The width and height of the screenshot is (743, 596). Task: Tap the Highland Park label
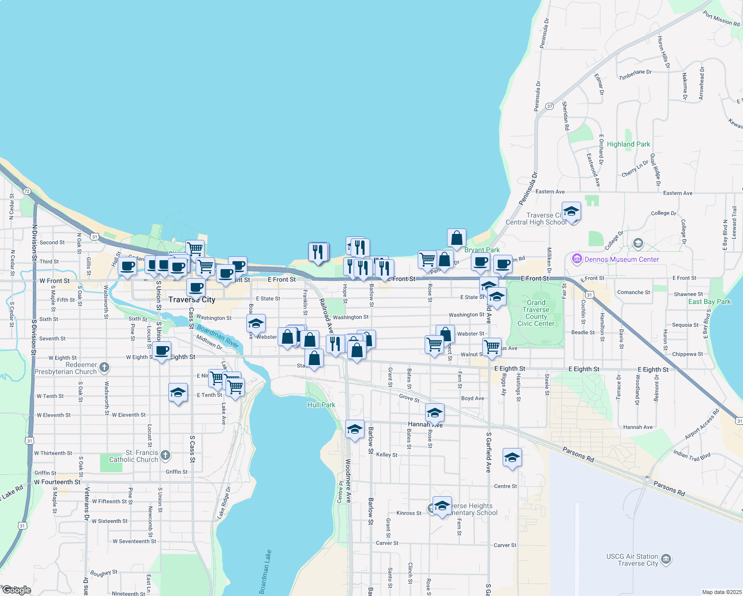point(628,144)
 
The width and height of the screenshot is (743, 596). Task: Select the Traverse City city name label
point(192,299)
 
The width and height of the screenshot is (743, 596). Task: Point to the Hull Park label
point(321,405)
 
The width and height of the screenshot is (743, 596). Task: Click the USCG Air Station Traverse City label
point(632,560)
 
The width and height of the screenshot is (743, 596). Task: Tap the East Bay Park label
point(709,301)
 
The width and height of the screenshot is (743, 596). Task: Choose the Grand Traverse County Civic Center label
point(536,313)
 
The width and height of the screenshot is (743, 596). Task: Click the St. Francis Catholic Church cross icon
point(165,455)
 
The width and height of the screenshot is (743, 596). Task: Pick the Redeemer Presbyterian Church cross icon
point(104,368)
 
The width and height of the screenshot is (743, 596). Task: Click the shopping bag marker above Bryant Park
point(456,238)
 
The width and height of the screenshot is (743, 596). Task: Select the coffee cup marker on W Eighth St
point(161,351)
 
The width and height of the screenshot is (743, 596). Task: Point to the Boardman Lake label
point(265,572)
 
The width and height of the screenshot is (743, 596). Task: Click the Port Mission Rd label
point(721,18)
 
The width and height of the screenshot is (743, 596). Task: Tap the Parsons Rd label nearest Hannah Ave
point(578,454)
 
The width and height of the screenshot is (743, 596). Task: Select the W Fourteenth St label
point(57,482)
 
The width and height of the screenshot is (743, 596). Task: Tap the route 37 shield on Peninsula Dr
point(549,106)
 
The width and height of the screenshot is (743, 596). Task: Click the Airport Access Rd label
point(702,424)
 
